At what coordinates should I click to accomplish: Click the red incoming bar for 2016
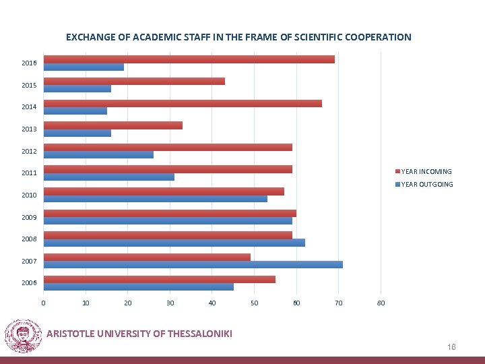coord(189,59)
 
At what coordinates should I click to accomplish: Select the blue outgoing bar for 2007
coord(193,264)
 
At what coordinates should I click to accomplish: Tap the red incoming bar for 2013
coord(112,125)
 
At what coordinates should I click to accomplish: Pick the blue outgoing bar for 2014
coord(75,111)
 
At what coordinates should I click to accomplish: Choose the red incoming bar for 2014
coord(183,103)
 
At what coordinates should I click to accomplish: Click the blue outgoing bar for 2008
coord(174,243)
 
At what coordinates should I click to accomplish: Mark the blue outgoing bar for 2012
coord(98,154)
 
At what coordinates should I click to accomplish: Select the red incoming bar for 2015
coord(133,82)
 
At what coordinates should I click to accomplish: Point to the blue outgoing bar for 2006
coord(138,286)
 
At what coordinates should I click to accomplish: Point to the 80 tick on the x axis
coord(381,303)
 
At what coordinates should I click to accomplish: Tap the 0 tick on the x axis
coord(43,303)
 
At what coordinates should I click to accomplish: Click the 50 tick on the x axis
coord(254,303)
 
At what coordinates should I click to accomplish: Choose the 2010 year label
coord(29,195)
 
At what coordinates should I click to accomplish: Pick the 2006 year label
coord(29,283)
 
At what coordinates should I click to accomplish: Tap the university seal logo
coord(23,336)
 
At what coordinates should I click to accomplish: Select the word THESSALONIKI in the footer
coord(193,333)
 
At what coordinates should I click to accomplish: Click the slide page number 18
coord(452,346)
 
